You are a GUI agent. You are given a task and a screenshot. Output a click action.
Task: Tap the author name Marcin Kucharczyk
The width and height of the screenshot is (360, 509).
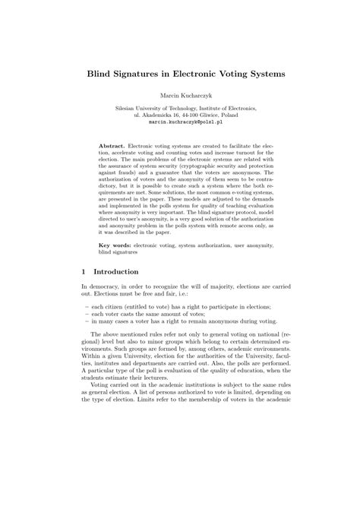[x=180, y=96]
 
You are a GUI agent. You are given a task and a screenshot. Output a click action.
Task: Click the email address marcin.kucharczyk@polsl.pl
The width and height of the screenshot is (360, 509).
[x=180, y=121]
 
